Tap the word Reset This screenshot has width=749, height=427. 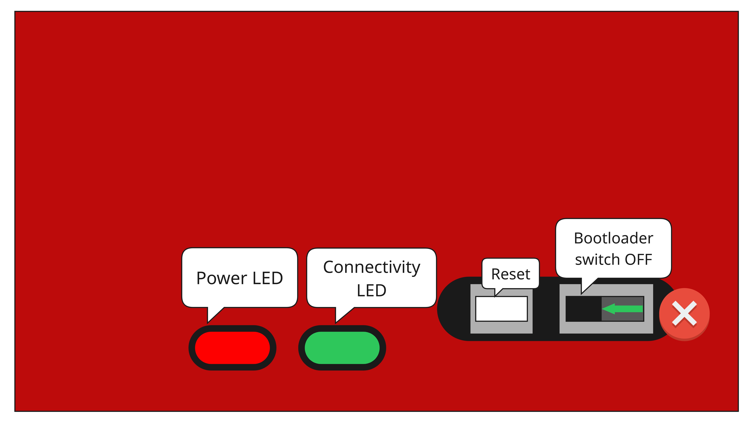pos(510,274)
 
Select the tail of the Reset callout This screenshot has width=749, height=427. pos(495,296)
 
